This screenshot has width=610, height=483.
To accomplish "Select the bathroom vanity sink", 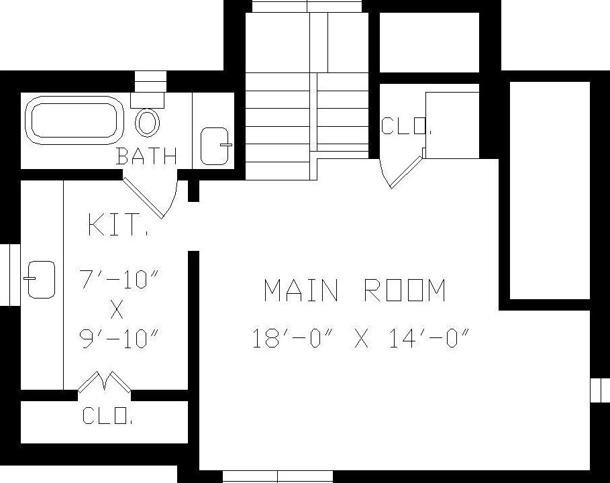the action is click(216, 144).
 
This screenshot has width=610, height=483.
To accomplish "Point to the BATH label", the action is click(146, 156).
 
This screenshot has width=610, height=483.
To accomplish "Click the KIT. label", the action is click(117, 225).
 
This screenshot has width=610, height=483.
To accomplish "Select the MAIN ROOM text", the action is click(354, 290).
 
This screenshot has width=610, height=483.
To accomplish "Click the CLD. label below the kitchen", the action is click(107, 416).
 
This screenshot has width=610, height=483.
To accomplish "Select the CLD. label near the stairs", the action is click(405, 126).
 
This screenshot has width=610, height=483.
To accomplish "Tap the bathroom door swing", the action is click(151, 197).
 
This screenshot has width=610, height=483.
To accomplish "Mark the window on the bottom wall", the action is click(277, 477).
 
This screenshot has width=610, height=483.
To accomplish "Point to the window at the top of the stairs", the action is click(307, 6).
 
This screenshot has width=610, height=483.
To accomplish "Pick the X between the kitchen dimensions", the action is click(117, 309).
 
